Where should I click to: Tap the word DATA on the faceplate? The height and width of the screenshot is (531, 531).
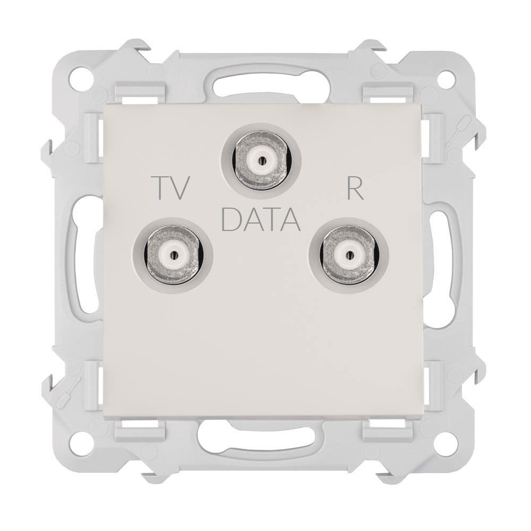coord(261,219)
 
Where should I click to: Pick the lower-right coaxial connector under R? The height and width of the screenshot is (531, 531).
coord(348,255)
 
